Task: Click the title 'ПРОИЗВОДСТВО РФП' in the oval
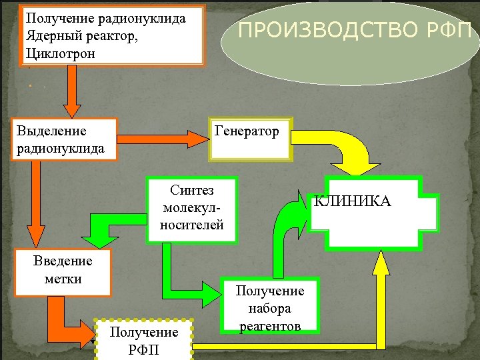click(354, 30)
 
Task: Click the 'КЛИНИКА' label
click(353, 201)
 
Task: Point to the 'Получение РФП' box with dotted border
click(144, 340)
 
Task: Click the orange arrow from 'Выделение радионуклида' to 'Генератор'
click(163, 139)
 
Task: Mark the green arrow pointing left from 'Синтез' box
click(113, 230)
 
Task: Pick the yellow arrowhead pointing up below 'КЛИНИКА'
click(381, 267)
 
